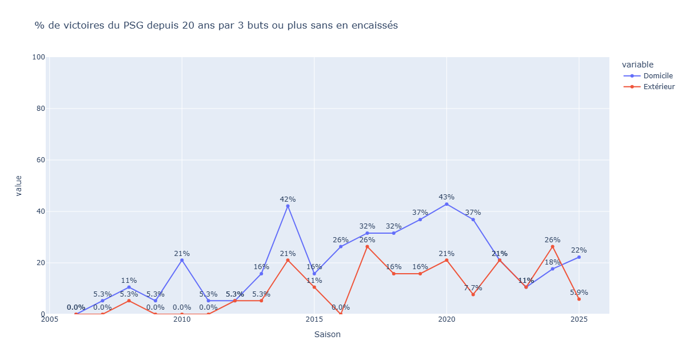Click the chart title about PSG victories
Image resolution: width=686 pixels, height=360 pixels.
[x=216, y=25]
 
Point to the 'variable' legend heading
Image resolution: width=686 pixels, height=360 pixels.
[x=637, y=65]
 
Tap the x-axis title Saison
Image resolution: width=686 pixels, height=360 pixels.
[x=328, y=334]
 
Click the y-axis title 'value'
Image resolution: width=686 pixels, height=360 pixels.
[x=18, y=186]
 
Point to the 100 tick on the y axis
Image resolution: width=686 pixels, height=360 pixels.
[x=38, y=57]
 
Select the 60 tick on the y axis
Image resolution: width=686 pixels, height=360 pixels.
[x=41, y=160]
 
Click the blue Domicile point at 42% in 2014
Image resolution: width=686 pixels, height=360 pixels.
[x=288, y=206]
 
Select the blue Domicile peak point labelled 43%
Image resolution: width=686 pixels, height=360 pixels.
[x=446, y=204]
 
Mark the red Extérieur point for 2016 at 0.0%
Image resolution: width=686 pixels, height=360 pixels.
[x=341, y=314]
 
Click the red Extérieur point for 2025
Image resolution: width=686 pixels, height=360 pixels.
[x=579, y=299]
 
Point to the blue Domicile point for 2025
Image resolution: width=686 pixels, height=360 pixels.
[x=579, y=257]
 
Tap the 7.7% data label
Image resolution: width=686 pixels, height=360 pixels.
[x=473, y=288]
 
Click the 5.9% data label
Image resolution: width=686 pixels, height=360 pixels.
[x=579, y=293]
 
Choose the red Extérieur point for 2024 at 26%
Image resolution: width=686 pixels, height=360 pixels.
[x=552, y=246]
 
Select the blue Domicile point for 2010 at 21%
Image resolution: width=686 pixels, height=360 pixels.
[x=182, y=260]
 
